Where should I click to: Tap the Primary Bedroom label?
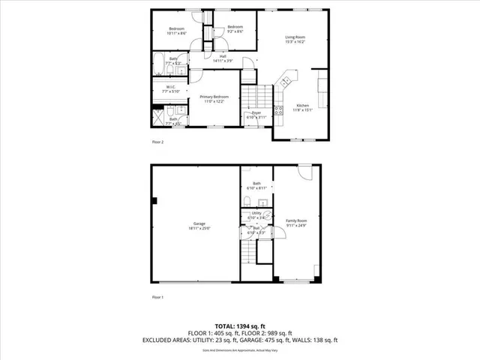[214, 99]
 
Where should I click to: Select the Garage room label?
[199, 226]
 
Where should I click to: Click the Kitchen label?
[301, 107]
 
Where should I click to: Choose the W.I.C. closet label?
[171, 89]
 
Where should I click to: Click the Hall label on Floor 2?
[223, 58]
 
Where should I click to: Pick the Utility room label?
[256, 215]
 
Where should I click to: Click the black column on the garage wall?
[154, 200]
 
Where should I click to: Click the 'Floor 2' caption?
[157, 141]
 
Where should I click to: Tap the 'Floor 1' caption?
[157, 297]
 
